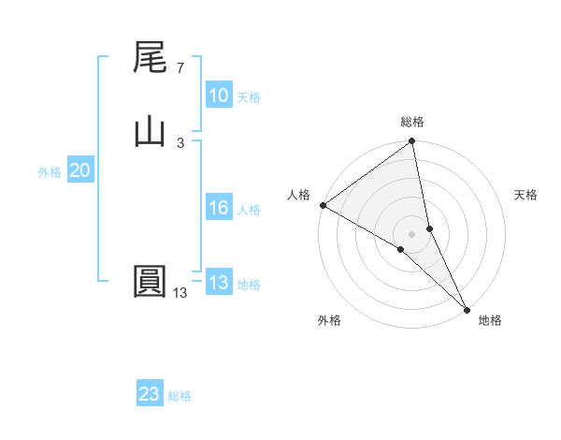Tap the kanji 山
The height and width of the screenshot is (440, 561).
point(150,132)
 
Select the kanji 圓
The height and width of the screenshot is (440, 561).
point(150,282)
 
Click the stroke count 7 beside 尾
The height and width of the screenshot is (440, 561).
point(180,68)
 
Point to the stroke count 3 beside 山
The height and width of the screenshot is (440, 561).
point(180,142)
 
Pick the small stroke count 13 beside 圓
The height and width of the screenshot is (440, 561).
point(180,293)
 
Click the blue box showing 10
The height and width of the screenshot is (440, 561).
point(218,95)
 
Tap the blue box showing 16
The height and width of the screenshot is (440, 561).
point(218,208)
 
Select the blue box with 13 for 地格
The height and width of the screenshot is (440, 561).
point(218,283)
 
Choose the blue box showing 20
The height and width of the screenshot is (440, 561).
point(79,170)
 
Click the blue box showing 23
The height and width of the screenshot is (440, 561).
point(150,394)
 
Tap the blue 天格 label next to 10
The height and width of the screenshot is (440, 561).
point(249,97)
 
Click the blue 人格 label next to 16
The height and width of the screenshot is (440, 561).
point(249,210)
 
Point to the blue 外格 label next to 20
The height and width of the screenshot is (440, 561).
point(50,172)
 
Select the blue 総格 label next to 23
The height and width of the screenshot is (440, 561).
point(180,396)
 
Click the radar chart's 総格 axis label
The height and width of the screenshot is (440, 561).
point(412,122)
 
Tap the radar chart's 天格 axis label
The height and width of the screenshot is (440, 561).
point(525,195)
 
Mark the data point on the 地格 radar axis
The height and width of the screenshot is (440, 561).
point(467,308)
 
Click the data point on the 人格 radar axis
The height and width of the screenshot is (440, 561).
point(323,204)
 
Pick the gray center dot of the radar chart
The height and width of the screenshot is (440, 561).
point(411,233)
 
